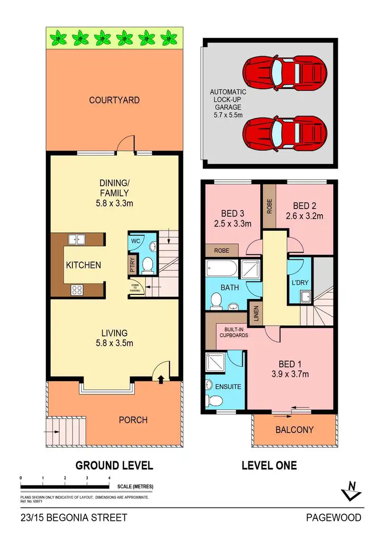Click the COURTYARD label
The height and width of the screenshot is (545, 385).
(x=114, y=100)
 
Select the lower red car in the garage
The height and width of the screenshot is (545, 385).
(x=285, y=131)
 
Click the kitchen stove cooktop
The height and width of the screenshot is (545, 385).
(x=77, y=290)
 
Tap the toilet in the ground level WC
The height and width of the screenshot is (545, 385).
(x=147, y=264)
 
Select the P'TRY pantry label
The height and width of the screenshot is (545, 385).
(x=131, y=264)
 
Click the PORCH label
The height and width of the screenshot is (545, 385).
(x=132, y=420)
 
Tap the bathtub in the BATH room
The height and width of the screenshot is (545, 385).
(x=222, y=268)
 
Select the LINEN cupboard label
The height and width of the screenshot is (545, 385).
(x=255, y=313)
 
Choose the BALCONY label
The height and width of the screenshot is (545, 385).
(x=294, y=430)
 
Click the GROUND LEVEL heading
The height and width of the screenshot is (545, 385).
(x=114, y=465)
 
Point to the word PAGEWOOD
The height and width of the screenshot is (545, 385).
(x=334, y=517)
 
